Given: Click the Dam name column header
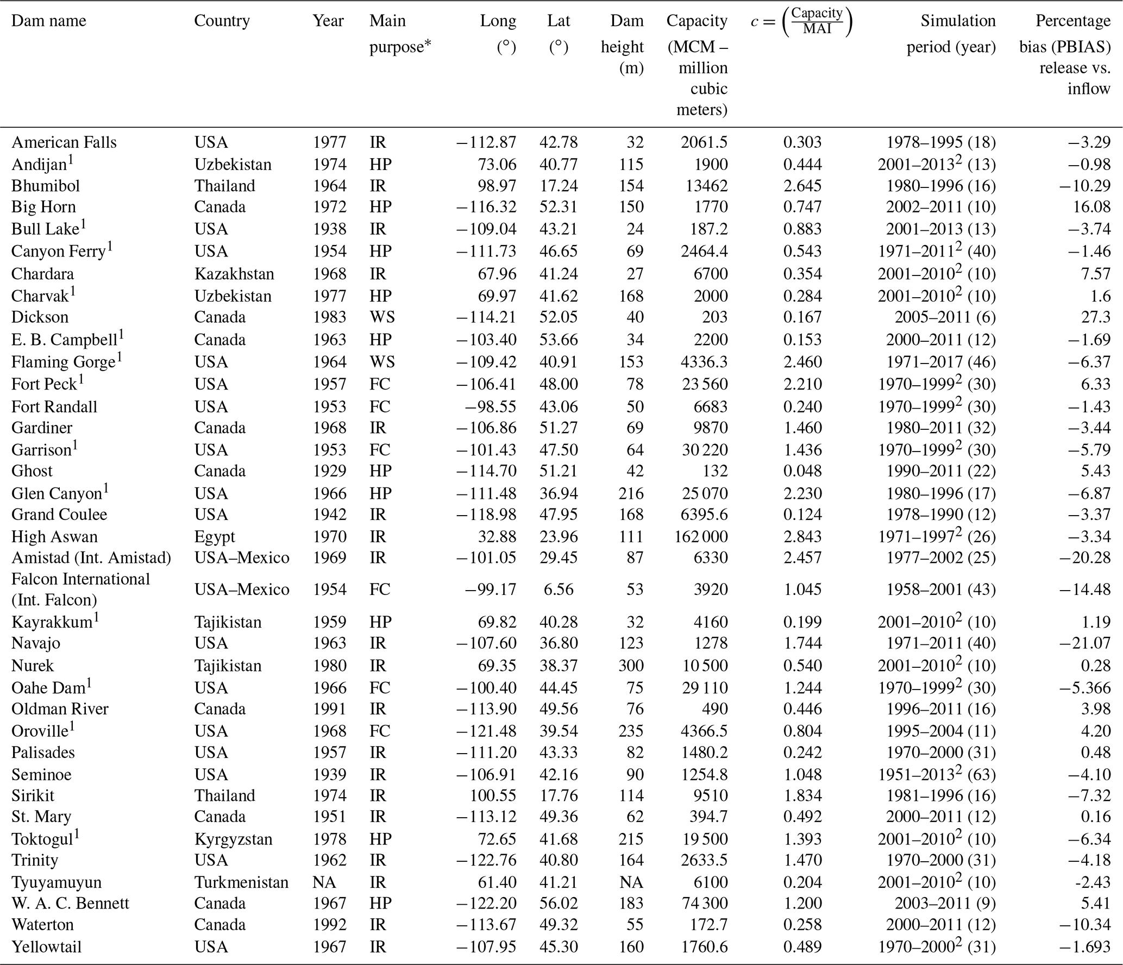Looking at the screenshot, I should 49,21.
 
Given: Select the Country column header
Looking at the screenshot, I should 222,21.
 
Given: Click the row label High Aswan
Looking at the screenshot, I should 54,537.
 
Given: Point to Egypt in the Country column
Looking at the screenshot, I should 215,537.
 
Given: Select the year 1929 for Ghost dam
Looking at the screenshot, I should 329,471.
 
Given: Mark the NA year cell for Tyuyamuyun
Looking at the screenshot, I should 324,882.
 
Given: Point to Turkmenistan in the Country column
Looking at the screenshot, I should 241,882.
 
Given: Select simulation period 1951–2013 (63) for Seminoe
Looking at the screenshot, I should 937,774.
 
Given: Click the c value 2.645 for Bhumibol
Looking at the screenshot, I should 802,186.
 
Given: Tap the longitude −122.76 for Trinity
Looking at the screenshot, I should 487,860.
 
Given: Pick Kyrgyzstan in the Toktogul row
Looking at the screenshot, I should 233,839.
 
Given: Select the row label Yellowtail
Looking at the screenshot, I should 46,947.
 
